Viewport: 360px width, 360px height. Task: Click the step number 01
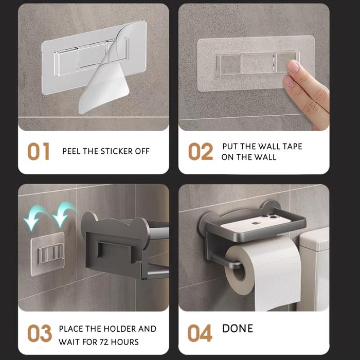pos(39,151)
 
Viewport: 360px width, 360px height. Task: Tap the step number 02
pos(201,151)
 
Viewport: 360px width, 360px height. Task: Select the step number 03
pos(40,333)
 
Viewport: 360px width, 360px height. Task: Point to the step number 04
pos(200,333)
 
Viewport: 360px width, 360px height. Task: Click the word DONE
pos(238,329)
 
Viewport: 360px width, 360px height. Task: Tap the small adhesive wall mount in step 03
pos(47,254)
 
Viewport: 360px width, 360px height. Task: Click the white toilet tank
pos(314,268)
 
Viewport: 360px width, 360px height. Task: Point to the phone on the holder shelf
pos(256,223)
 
